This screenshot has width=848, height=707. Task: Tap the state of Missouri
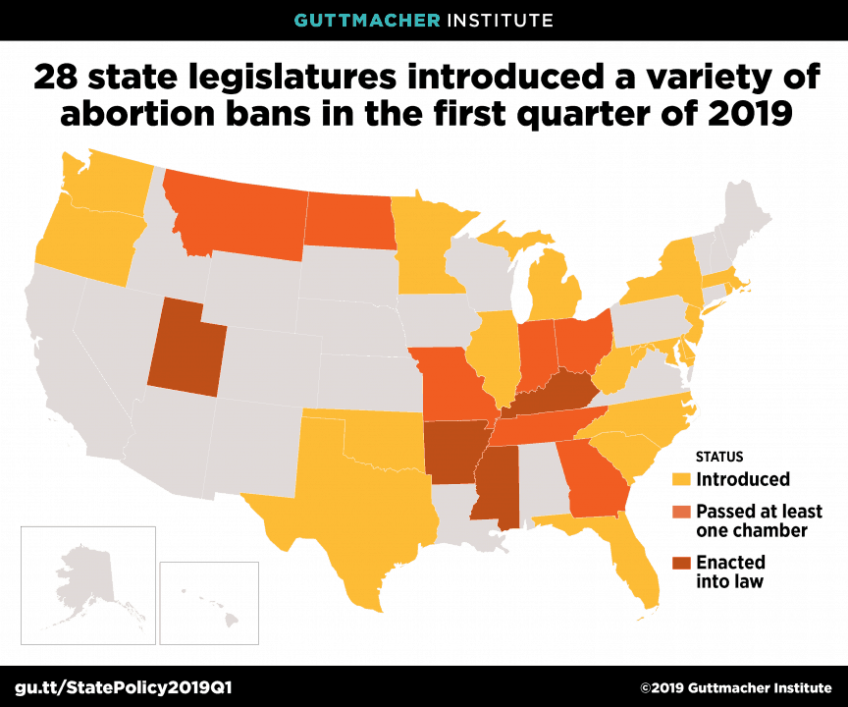[x=451, y=383]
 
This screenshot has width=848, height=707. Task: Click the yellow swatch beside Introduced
[x=681, y=480]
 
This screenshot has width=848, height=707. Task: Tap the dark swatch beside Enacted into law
[x=681, y=564]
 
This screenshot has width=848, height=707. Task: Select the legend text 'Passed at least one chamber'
[x=758, y=520]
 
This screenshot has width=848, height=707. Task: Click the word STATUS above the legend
[x=719, y=457]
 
